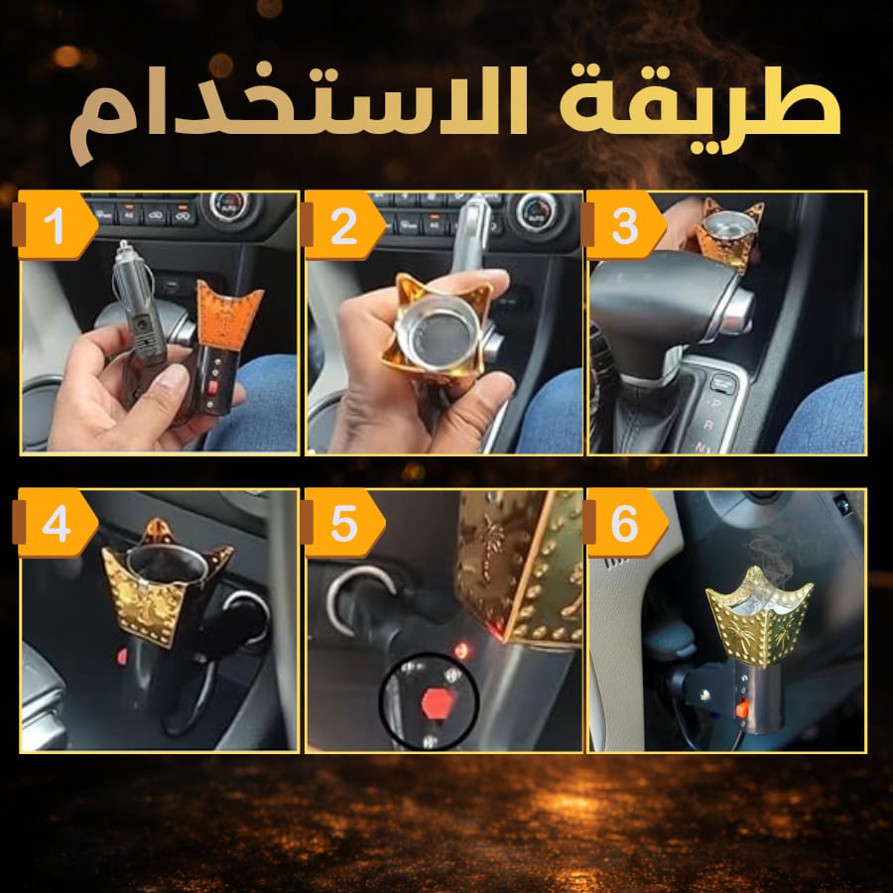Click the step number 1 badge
click(x=55, y=226)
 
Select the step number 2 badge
click(x=343, y=226)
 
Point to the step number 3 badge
click(x=624, y=226)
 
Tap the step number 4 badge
click(x=56, y=523)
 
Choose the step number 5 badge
click(x=343, y=523)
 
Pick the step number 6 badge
click(x=625, y=523)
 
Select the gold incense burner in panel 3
click(x=729, y=233)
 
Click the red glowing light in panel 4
click(x=122, y=657)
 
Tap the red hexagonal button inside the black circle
click(x=435, y=703)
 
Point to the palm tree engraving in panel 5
click(x=488, y=544)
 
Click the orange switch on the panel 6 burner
click(x=741, y=709)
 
